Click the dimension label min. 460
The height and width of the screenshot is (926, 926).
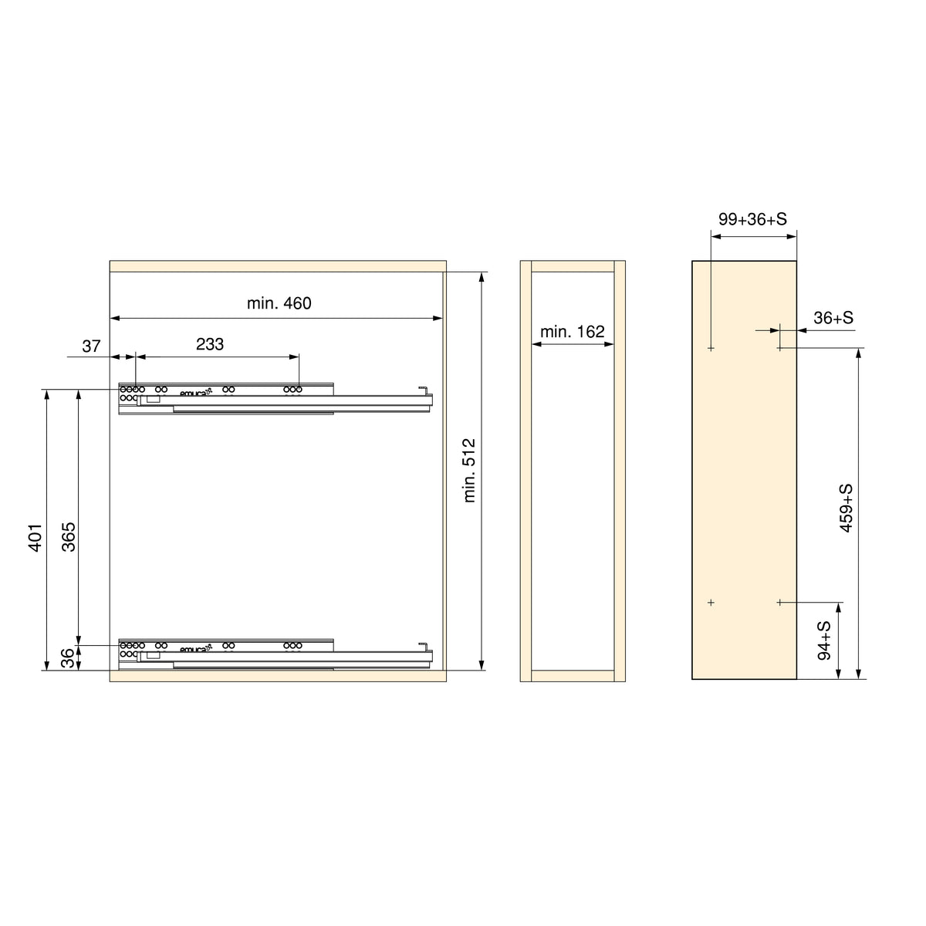coord(279,303)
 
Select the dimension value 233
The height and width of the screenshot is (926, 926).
coord(210,344)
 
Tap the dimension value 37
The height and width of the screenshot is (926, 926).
coord(91,346)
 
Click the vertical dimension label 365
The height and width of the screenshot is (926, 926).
coord(69,537)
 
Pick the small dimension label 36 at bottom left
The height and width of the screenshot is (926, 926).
coord(69,658)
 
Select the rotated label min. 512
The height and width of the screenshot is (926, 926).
coord(468,471)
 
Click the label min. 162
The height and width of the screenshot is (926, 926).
coord(573,332)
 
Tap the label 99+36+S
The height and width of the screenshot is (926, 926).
coord(752,219)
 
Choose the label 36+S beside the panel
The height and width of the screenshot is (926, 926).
coord(833,318)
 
